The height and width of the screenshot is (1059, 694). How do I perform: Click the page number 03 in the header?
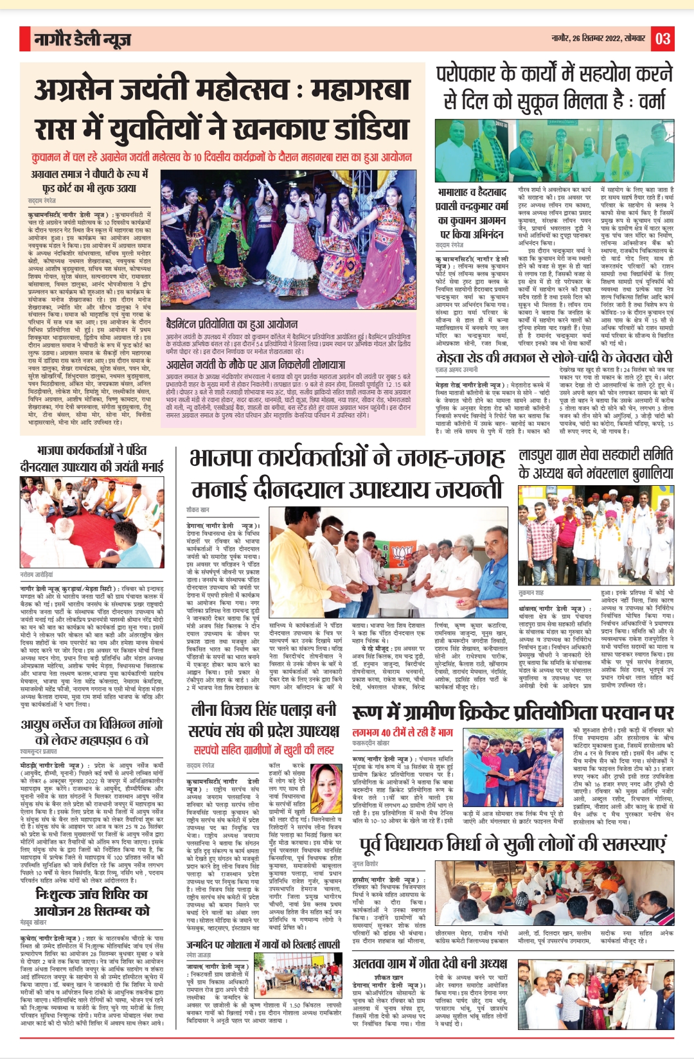(x=662, y=39)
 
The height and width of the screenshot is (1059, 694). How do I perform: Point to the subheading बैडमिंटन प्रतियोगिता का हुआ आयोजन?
(x=231, y=325)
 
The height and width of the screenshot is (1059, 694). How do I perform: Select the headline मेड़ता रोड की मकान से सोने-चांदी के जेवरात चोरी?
(x=554, y=358)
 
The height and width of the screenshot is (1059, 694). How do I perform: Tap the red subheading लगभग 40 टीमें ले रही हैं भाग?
(x=402, y=731)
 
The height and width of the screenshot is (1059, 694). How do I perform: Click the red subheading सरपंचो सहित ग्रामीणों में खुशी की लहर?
(x=263, y=749)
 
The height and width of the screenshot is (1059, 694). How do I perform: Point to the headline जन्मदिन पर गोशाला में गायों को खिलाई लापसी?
(x=263, y=945)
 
